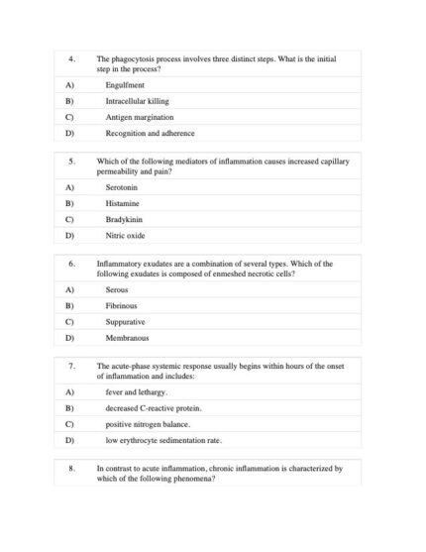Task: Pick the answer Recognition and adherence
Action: (150, 133)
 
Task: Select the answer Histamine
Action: (124, 204)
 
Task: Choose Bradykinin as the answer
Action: (125, 220)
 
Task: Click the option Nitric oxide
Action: (125, 236)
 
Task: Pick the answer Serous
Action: (117, 290)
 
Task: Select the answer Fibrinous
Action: (122, 306)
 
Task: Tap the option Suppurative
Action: (125, 322)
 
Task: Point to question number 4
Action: (71, 59)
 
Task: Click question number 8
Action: (71, 468)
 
